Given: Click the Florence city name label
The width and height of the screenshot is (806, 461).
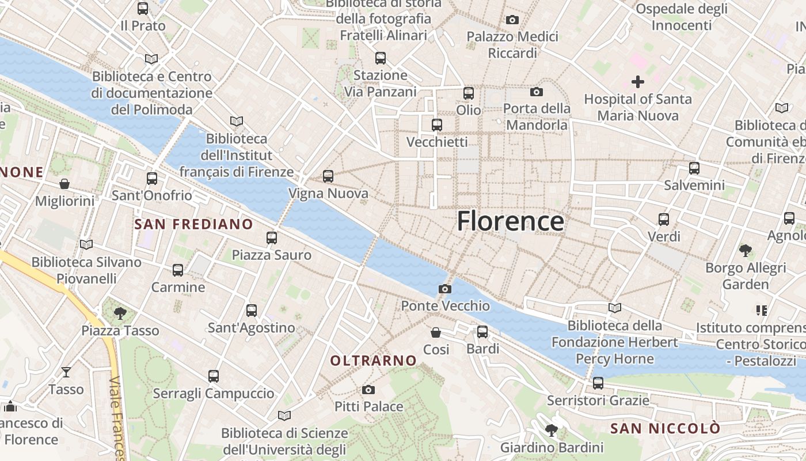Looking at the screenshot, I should coord(511,221).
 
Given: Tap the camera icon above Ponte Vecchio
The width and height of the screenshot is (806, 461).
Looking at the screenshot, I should coord(444,289).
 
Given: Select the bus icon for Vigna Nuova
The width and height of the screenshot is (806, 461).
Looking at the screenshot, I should coord(328,176).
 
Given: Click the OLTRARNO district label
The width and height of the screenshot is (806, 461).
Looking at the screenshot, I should coord(373,361).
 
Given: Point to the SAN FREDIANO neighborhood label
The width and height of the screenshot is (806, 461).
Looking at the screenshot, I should coord(193,224).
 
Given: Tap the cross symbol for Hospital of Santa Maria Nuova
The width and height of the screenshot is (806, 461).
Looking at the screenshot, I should coord(638,82).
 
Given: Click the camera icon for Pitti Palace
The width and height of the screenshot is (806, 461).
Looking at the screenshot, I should coord(368,390).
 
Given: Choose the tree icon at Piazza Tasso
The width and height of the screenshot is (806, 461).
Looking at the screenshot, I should coord(120,313).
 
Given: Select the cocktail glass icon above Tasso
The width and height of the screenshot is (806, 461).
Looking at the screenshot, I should coord(66,372).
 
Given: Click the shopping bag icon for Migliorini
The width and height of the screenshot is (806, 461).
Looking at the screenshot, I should coord(64,184).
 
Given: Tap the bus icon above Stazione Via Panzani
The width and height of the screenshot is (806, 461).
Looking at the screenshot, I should coord(380,58).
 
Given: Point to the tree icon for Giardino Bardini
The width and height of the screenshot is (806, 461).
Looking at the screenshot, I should coord(552,430).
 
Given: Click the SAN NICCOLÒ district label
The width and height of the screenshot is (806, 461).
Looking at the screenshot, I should coord(665,429).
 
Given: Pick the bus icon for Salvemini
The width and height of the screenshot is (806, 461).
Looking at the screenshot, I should coord(694,168).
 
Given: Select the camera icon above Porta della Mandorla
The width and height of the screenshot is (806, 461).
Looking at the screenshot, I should coord(536,92).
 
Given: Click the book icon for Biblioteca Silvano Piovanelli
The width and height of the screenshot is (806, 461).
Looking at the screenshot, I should coord(86,244).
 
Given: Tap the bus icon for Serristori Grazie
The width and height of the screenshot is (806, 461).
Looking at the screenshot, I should coord(598,383).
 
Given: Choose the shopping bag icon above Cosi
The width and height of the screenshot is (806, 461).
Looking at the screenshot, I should coord(436,332).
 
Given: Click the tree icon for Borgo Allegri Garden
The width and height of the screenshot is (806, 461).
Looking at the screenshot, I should coord(746,250).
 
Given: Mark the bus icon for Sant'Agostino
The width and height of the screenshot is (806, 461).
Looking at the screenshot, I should coord(252,311).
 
